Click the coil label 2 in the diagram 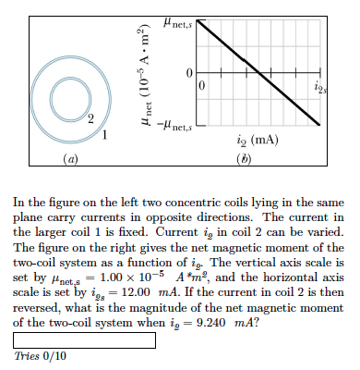click(90, 121)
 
